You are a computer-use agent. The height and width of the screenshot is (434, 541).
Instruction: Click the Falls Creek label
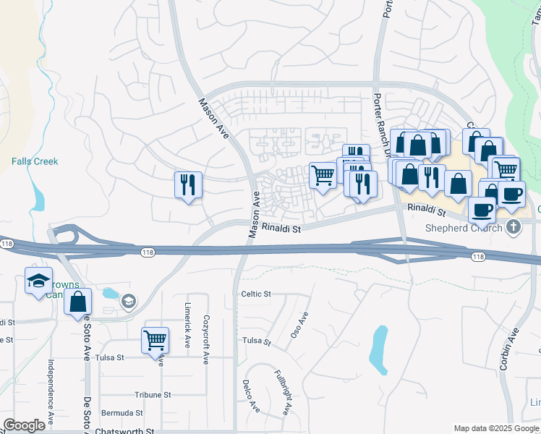[x=35, y=161]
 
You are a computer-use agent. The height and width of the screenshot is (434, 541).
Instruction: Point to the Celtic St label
[x=256, y=294]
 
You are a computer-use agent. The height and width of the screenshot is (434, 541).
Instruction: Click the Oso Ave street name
[x=303, y=318]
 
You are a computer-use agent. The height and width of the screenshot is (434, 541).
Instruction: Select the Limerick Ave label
[x=187, y=324]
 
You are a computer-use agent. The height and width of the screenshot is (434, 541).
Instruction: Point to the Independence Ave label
[x=51, y=391]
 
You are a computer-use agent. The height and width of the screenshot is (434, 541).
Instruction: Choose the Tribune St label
[x=152, y=395]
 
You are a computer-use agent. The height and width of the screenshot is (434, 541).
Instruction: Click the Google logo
[x=24, y=425]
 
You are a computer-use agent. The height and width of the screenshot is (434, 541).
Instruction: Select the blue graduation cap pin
[x=38, y=281]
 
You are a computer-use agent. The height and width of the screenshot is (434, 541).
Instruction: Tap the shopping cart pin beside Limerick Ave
[x=156, y=339]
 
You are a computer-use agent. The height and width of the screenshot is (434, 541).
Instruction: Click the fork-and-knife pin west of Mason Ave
[x=187, y=184]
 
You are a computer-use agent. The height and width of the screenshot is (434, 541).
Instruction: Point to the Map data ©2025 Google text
[x=495, y=428]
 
